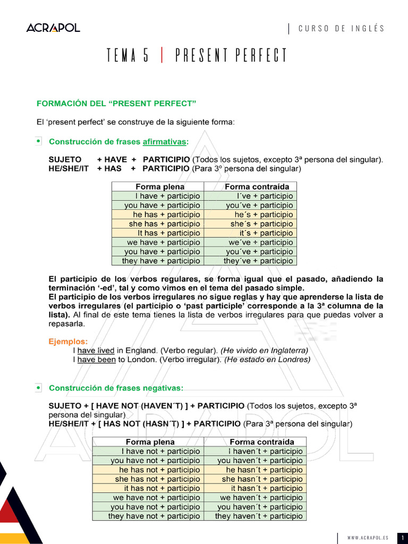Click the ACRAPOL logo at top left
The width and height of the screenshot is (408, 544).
click(53, 28)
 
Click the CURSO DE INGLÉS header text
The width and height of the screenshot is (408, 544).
click(341, 29)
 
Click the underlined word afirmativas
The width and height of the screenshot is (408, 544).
click(165, 141)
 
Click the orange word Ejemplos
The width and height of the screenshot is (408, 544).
click(68, 342)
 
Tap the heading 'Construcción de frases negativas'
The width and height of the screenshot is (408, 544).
click(116, 388)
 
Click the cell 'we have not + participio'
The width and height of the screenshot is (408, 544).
click(156, 498)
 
